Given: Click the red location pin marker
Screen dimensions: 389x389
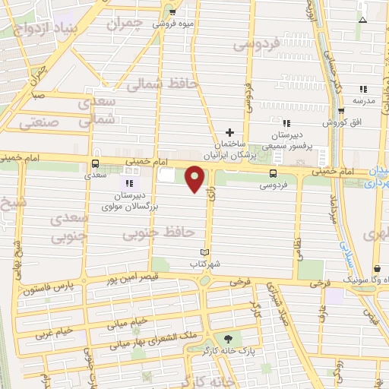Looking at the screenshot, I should pos(195,179).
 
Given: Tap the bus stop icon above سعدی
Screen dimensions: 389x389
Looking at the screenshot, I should pos(95,163).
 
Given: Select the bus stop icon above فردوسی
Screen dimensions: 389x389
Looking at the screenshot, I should pos(273,172).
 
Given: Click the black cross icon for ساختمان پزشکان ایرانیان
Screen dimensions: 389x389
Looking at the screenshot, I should pos(230,132).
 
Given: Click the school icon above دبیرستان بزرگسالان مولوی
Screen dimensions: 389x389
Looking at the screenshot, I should pos(127,183).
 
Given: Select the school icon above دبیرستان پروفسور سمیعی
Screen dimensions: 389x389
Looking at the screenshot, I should pos(286,123).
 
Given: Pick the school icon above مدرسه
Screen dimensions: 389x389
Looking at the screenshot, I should pos(363,89).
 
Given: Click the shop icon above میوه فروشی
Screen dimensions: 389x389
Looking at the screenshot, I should pos(172,11).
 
